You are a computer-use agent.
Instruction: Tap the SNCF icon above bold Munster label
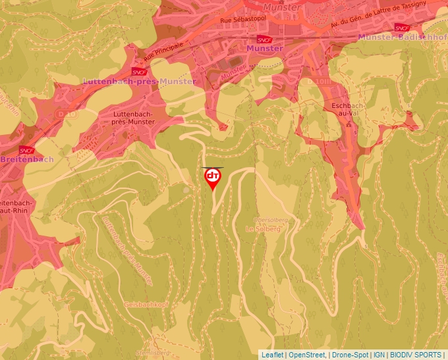point(264,39)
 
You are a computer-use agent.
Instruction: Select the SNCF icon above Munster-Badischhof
point(401,28)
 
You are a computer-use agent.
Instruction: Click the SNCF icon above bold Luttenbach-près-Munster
point(139,72)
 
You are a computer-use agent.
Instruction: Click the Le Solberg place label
point(263,228)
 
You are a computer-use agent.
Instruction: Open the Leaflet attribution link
point(272,355)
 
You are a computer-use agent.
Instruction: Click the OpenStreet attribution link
point(307,355)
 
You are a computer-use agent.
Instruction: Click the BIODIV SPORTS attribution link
point(416,355)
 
